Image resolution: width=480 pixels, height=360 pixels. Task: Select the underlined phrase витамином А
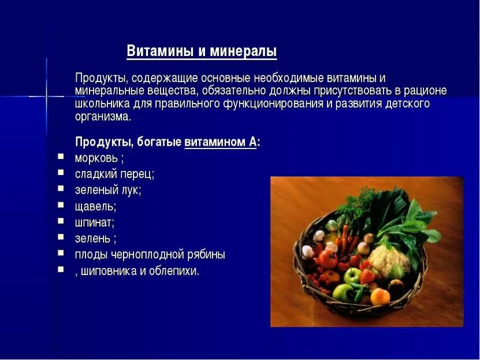pos(220,143)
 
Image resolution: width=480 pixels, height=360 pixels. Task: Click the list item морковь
pos(96,158)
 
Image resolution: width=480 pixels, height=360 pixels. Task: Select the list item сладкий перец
pos(114,174)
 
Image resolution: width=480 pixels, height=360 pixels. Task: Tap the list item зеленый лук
pos(107,190)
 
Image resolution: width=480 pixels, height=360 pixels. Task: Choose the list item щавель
pos(95,206)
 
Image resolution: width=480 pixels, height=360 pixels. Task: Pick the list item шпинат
pos(94,222)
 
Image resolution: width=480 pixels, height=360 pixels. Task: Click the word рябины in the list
pos(206,255)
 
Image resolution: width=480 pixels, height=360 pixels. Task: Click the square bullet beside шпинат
pos(61,221)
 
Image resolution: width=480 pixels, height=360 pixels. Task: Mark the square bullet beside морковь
pos(61,157)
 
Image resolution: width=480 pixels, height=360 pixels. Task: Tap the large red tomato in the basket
pos(328,258)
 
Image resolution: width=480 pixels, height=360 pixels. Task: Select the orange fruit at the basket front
pos(379,296)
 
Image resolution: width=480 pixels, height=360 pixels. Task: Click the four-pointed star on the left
pos(46,95)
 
